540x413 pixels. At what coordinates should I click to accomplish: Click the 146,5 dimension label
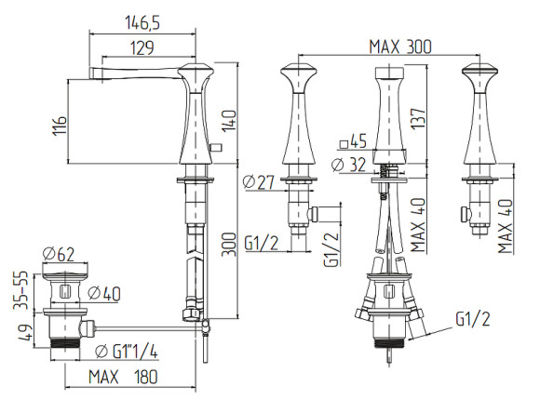coord(142,23)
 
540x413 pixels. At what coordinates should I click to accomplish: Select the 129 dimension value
coord(142,47)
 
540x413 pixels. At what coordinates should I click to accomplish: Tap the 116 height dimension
coord(60,126)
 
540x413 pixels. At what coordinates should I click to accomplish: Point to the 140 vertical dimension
coord(229,121)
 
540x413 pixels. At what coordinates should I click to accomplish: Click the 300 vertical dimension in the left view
coord(229,245)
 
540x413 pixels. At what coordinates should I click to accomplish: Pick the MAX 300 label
coord(400,47)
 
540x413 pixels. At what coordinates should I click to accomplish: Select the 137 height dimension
coord(418,119)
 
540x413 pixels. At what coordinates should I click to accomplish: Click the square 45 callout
coord(354,141)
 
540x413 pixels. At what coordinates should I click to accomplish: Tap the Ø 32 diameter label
coord(349,165)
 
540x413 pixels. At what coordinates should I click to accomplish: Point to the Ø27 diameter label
coord(258,182)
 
